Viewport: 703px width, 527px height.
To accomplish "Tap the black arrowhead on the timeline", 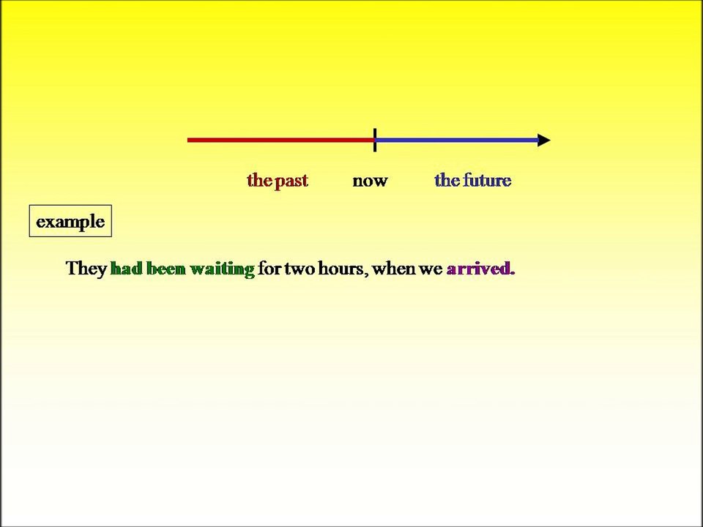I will pyautogui.click(x=544, y=140).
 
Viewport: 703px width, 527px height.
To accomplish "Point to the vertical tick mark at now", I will pyautogui.click(x=375, y=140).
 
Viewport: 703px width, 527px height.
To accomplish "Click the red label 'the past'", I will pyautogui.click(x=278, y=181).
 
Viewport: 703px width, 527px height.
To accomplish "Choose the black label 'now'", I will pyautogui.click(x=370, y=181).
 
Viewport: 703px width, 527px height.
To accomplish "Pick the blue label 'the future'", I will pyautogui.click(x=472, y=181).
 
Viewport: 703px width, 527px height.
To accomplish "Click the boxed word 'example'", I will pyautogui.click(x=70, y=222).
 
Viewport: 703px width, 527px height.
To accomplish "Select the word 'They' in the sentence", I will pyautogui.click(x=86, y=269).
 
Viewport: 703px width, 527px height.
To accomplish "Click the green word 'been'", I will pyautogui.click(x=165, y=269).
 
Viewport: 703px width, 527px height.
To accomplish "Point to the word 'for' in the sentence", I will pyautogui.click(x=269, y=269).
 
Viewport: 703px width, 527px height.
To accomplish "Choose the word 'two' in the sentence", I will pyautogui.click(x=300, y=269).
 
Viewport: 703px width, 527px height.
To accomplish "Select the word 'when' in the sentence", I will pyautogui.click(x=393, y=269).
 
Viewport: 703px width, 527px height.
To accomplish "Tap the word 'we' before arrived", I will pyautogui.click(x=431, y=269).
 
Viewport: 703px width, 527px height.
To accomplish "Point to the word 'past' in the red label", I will pyautogui.click(x=291, y=181).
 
